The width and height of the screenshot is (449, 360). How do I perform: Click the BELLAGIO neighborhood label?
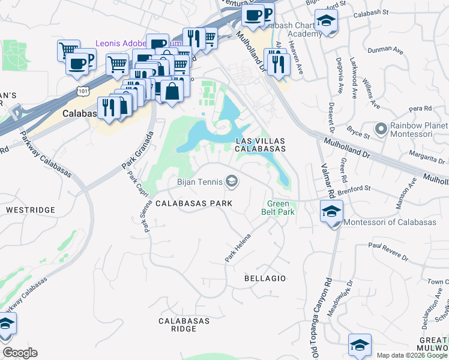[x=265, y=278]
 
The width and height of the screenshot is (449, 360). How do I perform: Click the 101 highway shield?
[x=82, y=91]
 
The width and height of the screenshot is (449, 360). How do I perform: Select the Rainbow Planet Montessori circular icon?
[x=380, y=128]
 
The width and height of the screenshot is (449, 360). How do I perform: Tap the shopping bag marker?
[x=172, y=91]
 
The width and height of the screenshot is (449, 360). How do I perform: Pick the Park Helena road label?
[x=238, y=247]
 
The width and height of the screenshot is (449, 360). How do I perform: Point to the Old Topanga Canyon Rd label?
[x=328, y=308]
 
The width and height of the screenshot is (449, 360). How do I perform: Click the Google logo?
[x=20, y=353]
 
